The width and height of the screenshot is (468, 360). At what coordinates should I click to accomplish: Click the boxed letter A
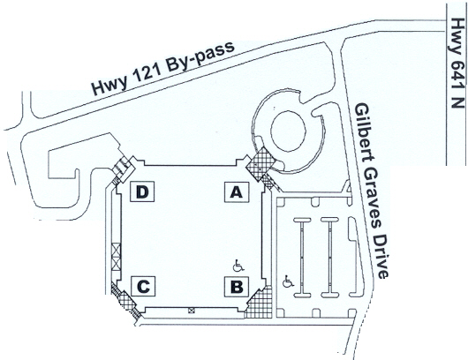[237, 192]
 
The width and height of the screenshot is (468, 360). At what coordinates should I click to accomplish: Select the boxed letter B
[237, 287]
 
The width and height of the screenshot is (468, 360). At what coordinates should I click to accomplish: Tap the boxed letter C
[143, 287]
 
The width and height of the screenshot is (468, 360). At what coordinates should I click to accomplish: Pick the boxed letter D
[142, 191]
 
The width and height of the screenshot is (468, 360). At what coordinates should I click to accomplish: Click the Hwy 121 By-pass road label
[162, 68]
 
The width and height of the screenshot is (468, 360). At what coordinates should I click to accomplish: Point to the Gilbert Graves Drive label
[372, 191]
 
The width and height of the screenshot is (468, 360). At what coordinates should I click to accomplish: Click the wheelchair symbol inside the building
[238, 266]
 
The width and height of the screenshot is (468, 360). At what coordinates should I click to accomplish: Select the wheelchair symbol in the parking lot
[288, 281]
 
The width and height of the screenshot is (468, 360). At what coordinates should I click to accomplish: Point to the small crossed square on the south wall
[191, 311]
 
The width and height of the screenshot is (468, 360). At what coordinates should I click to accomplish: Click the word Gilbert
[362, 131]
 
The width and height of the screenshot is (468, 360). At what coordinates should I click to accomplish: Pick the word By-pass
[200, 56]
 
